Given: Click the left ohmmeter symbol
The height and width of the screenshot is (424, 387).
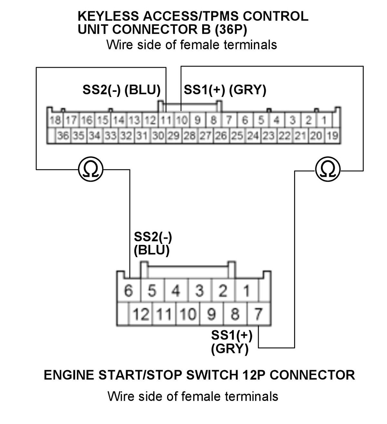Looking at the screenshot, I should pyautogui.click(x=91, y=169).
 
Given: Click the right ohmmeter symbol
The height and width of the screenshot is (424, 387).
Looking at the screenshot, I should pyautogui.click(x=328, y=169).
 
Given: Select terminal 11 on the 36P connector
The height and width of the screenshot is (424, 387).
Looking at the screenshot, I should pyautogui.click(x=166, y=120).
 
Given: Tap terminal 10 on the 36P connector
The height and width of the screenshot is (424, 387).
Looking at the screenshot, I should pyautogui.click(x=182, y=120).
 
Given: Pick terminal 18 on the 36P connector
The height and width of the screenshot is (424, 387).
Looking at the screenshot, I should pyautogui.click(x=55, y=120).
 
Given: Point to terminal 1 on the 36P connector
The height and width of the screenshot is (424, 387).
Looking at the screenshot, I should pyautogui.click(x=324, y=120).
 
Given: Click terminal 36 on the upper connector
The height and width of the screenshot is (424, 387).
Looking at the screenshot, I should pyautogui.click(x=63, y=136).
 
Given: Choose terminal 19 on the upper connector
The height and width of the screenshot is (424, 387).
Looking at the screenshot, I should pyautogui.click(x=332, y=136).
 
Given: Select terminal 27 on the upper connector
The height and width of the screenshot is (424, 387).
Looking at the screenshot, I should pyautogui.click(x=205, y=136).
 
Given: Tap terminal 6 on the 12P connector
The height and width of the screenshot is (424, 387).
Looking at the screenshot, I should pyautogui.click(x=128, y=291).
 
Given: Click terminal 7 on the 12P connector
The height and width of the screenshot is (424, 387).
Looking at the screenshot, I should pyautogui.click(x=258, y=314).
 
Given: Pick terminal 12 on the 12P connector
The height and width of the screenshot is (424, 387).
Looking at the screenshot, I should pyautogui.click(x=140, y=314).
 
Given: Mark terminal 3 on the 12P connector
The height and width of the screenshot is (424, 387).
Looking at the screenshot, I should pyautogui.click(x=200, y=291).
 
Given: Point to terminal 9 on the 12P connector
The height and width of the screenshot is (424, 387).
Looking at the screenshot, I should pyautogui.click(x=211, y=314).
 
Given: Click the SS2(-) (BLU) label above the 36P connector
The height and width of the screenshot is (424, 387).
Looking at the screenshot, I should pyautogui.click(x=122, y=90).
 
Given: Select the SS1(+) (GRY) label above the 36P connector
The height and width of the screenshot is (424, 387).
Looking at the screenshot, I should pyautogui.click(x=225, y=90).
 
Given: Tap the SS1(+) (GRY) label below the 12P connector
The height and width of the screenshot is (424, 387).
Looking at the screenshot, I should pyautogui.click(x=232, y=342).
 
